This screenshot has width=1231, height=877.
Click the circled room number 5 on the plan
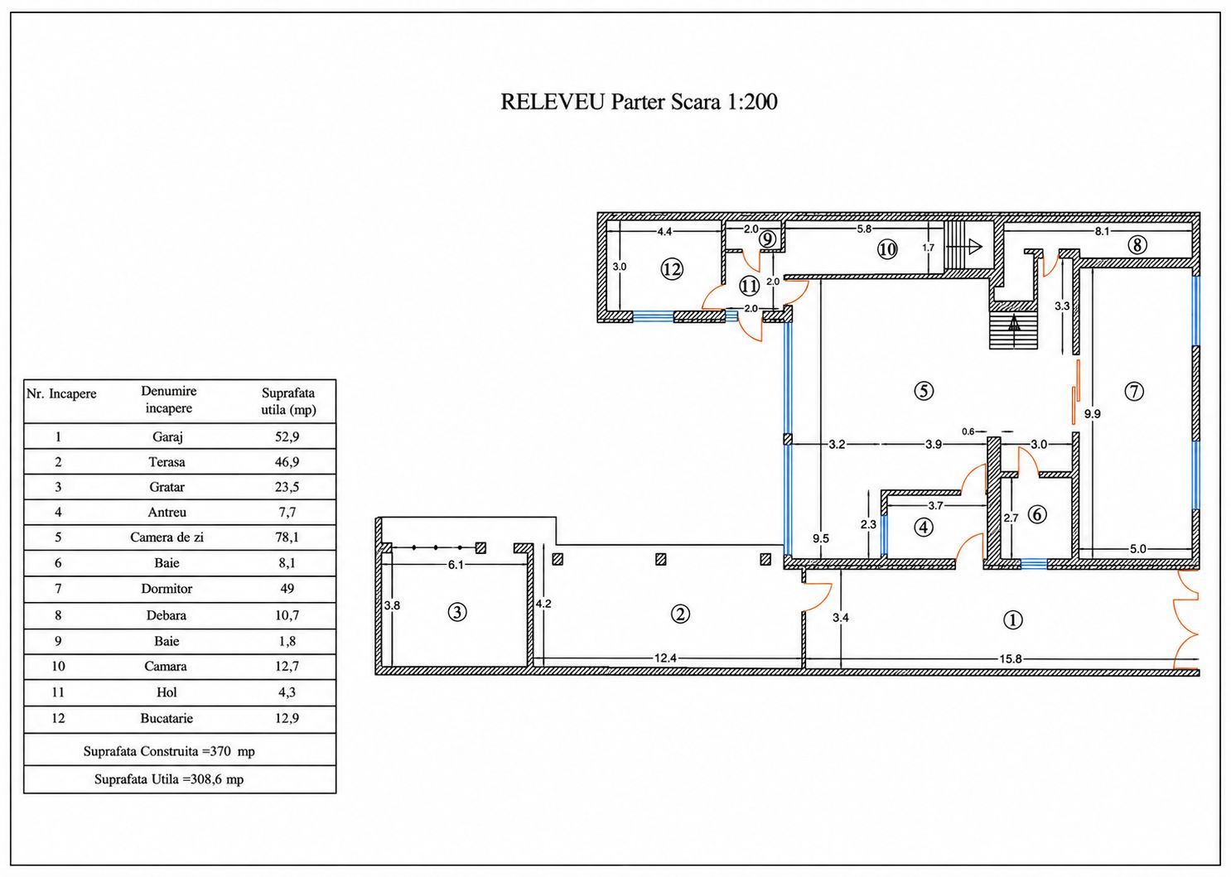(923, 391)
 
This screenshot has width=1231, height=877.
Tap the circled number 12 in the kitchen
(672, 269)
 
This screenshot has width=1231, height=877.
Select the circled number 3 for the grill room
(457, 612)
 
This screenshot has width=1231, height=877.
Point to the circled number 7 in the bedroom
(1134, 391)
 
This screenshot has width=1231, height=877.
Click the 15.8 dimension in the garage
(1010, 659)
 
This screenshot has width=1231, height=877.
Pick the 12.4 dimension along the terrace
(665, 658)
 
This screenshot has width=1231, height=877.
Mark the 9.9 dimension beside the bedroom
(1093, 414)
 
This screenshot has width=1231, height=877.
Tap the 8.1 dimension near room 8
(1102, 231)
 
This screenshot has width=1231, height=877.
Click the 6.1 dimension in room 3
(456, 565)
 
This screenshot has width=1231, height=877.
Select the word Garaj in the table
(167, 437)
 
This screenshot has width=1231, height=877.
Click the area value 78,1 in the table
(287, 537)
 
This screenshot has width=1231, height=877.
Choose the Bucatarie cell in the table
(167, 718)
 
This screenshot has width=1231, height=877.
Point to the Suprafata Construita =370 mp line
(169, 751)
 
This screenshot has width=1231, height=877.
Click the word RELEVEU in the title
(553, 102)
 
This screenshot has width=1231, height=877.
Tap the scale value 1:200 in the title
(752, 102)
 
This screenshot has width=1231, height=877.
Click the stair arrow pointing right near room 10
(963, 246)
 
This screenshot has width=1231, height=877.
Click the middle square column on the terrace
(661, 559)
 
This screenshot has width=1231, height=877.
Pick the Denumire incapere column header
(169, 399)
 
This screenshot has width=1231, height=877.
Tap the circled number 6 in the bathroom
(1037, 514)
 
